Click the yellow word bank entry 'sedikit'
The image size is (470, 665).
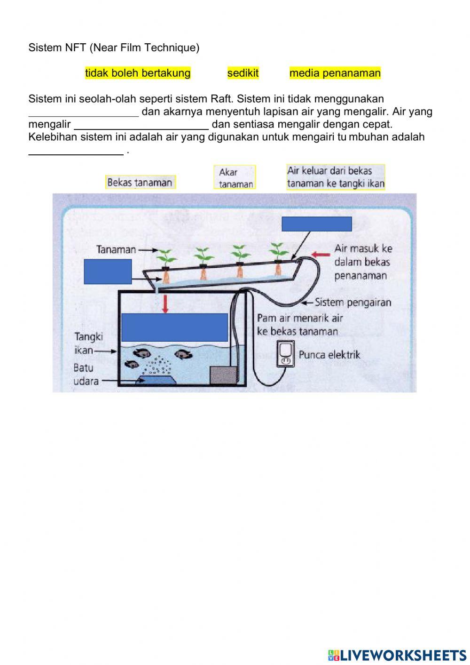pyautogui.click(x=243, y=73)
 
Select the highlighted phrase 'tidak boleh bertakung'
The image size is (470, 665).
pyautogui.click(x=138, y=73)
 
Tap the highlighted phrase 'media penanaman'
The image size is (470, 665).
pyautogui.click(x=335, y=73)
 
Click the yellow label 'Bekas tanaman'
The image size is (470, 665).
pyautogui.click(x=140, y=182)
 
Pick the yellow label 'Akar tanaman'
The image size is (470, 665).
pyautogui.click(x=235, y=177)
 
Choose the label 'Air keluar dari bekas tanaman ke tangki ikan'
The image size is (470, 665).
pyautogui.click(x=336, y=177)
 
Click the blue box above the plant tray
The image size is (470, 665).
pyautogui.click(x=317, y=224)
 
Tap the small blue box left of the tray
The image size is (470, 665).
pyautogui.click(x=108, y=272)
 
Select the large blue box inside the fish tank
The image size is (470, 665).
pyautogui.click(x=174, y=327)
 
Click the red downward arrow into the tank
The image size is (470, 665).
pyautogui.click(x=164, y=304)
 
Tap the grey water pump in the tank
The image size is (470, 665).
pyautogui.click(x=219, y=375)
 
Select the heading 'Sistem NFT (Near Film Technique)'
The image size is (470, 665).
pyautogui.click(x=114, y=48)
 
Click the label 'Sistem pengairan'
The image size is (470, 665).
pyautogui.click(x=352, y=302)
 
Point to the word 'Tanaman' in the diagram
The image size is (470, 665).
pyautogui.click(x=116, y=249)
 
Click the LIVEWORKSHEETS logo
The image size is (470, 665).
pyautogui.click(x=397, y=655)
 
